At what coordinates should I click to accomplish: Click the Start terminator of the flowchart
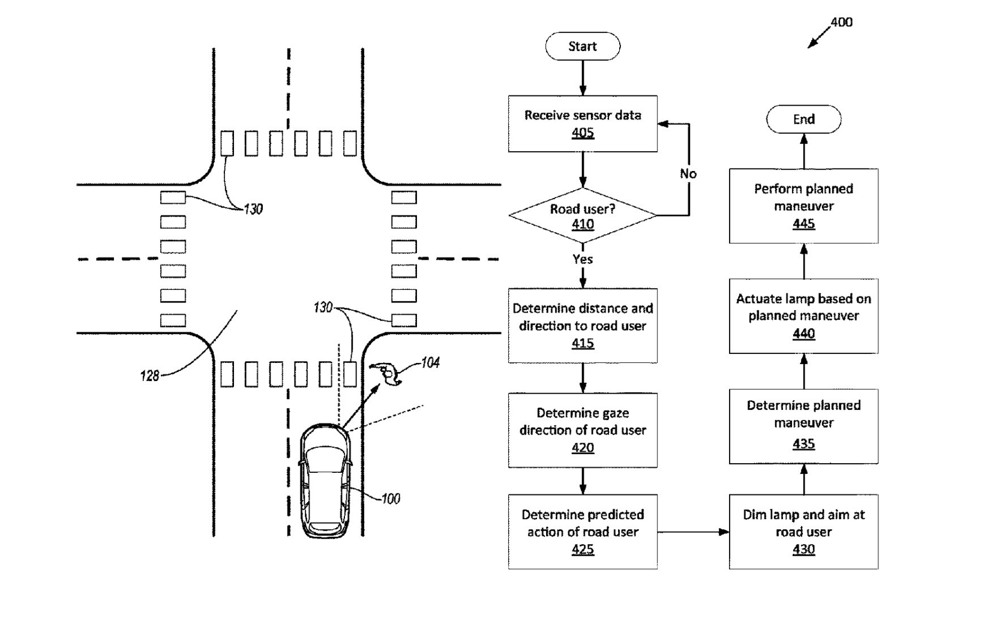click(583, 46)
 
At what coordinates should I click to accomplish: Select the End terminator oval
click(803, 119)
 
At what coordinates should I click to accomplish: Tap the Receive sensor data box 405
click(583, 124)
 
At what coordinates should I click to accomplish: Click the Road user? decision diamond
click(583, 215)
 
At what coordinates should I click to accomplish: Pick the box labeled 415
click(583, 326)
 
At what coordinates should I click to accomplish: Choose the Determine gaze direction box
click(583, 430)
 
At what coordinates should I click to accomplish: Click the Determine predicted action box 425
click(583, 532)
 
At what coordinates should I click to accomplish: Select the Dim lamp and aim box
click(803, 532)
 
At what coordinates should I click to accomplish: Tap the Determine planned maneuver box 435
click(803, 426)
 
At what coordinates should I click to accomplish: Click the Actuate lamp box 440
click(803, 316)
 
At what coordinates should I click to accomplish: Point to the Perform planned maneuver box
click(803, 206)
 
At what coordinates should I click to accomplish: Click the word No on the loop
click(688, 174)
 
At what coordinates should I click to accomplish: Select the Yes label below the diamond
click(583, 259)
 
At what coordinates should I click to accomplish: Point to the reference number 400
click(841, 22)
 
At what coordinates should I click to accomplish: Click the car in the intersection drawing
click(325, 481)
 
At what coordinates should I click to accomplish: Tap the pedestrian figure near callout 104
click(386, 374)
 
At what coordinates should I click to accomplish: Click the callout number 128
click(149, 376)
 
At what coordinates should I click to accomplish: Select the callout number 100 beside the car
click(391, 499)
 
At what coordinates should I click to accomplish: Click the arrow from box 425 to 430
click(693, 532)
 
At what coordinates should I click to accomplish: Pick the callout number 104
click(430, 362)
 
